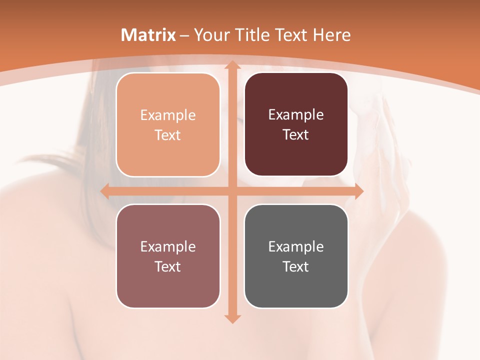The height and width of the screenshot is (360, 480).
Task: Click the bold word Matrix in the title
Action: click(148, 35)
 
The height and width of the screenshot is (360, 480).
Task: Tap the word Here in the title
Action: click(331, 35)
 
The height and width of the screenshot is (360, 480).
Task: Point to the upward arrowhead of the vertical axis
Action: click(231, 65)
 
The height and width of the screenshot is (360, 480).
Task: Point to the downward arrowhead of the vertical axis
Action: click(231, 318)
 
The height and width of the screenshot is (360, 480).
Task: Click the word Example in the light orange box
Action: click(168, 115)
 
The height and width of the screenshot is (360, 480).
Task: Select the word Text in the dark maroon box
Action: click(296, 135)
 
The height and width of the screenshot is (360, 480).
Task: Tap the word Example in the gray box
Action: click(296, 246)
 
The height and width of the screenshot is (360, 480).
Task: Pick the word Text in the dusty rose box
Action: click(168, 266)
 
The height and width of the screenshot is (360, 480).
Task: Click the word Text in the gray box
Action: click(296, 266)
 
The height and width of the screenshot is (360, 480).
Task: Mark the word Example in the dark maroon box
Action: click(296, 115)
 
